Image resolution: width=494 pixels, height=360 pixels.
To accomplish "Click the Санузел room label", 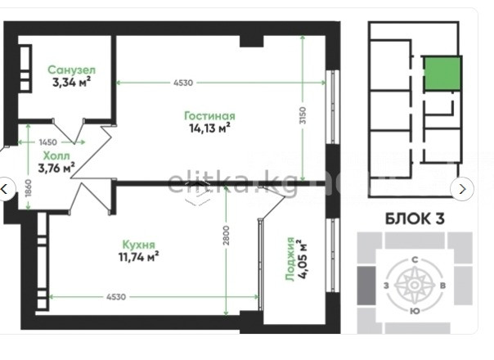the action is [x=72, y=70].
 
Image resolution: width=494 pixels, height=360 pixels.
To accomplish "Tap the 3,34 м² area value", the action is [x=72, y=82].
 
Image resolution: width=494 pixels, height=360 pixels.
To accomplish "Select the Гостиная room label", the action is [x=209, y=115].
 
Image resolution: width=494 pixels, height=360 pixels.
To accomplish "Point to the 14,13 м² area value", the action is [x=209, y=128].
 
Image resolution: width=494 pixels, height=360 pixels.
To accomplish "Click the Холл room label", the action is [x=56, y=155].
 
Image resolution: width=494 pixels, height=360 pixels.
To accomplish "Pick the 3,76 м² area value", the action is [x=56, y=168].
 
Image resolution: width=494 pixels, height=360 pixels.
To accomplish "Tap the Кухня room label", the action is [x=138, y=245].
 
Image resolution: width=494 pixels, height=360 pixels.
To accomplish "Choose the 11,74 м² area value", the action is [x=138, y=257].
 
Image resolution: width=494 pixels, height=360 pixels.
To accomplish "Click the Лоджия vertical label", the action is [x=290, y=259].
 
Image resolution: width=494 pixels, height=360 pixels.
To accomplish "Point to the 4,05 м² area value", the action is [x=303, y=259].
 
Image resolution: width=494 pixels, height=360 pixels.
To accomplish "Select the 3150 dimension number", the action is [x=303, y=115].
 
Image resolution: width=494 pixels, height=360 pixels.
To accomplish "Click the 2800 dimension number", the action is [x=227, y=236].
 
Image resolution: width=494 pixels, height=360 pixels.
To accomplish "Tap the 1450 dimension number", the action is [x=48, y=142].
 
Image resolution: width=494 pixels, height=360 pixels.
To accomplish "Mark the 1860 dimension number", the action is [x=29, y=188].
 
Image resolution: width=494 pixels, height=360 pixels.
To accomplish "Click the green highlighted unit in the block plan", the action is [x=442, y=74].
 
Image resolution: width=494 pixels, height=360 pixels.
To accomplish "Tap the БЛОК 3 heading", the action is [x=415, y=218].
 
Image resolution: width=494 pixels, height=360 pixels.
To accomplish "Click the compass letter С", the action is [x=415, y=259].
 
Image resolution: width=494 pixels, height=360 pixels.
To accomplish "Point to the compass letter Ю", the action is [x=415, y=311].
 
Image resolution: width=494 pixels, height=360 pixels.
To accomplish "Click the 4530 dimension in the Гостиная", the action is [x=183, y=83].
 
